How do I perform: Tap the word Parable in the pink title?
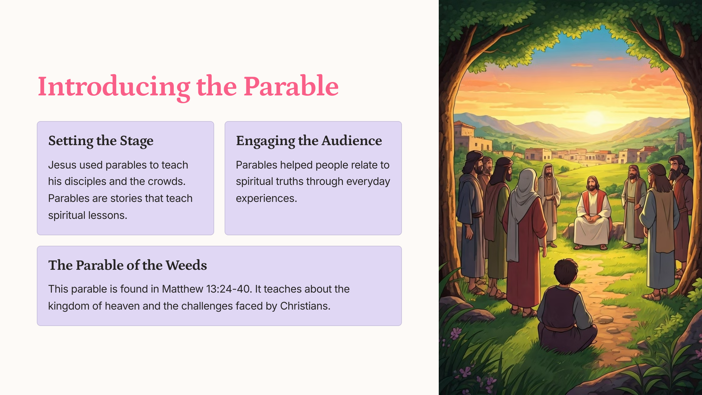[291, 86]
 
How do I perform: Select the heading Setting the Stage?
[101, 141]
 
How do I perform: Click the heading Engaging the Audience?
[309, 141]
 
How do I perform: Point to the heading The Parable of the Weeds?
[128, 265]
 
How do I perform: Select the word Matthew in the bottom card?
[182, 289]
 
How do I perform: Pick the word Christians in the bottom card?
[305, 306]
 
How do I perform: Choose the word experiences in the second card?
[266, 199]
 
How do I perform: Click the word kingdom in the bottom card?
[69, 306]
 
